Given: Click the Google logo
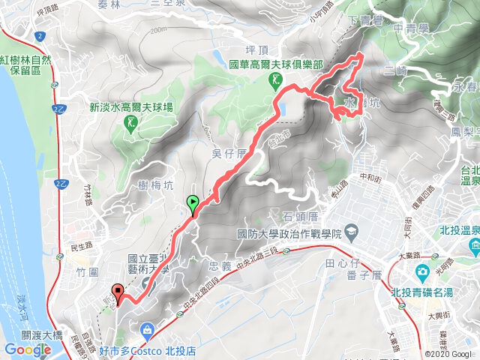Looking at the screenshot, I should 27,349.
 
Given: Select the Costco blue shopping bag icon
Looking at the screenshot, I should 147,329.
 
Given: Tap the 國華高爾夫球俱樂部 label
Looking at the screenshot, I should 276,65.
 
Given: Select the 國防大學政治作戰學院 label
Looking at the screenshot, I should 289,234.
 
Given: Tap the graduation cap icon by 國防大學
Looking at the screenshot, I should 352,234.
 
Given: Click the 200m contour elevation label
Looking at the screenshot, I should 158,30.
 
